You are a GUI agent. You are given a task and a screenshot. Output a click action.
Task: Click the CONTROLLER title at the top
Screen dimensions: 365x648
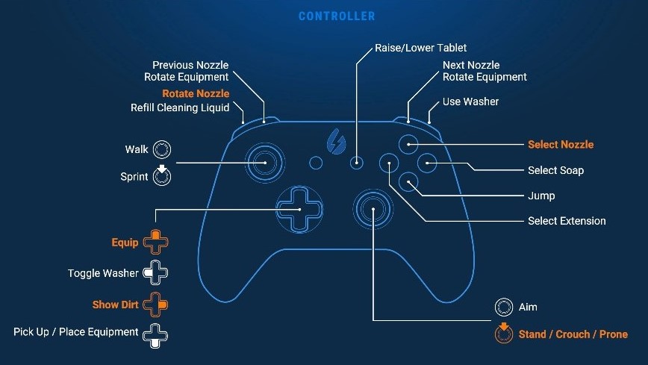[337, 16]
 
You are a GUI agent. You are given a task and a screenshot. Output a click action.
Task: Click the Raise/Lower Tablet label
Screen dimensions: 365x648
[420, 49]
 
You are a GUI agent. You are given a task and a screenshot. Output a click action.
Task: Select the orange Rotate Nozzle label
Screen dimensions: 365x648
[196, 93]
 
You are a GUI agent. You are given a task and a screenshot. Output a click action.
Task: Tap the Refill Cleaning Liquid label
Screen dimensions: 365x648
[180, 107]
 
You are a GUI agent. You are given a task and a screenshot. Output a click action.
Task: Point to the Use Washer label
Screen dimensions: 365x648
[470, 101]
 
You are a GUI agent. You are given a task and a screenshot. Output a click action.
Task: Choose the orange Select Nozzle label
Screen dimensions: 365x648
[561, 144]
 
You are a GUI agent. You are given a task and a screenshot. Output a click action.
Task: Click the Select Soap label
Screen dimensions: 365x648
[555, 170]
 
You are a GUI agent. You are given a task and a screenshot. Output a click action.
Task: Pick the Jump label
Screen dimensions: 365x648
[541, 196]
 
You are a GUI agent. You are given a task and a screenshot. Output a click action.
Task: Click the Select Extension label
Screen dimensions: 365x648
[567, 221]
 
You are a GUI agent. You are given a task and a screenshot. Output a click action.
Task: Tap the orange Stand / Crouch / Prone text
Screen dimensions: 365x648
[573, 334]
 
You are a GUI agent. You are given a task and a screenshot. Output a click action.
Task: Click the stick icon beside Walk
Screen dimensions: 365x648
[162, 149]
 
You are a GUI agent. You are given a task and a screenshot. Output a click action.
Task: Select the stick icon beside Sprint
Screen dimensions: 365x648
[162, 176]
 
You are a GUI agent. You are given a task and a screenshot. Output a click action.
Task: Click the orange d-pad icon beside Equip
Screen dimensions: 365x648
[156, 242]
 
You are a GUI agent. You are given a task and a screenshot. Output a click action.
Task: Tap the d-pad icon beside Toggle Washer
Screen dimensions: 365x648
[156, 273]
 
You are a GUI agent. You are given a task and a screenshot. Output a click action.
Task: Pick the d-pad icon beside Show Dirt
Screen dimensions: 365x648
[156, 305]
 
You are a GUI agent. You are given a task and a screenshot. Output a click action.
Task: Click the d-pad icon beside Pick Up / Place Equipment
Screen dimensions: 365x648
[156, 332]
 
